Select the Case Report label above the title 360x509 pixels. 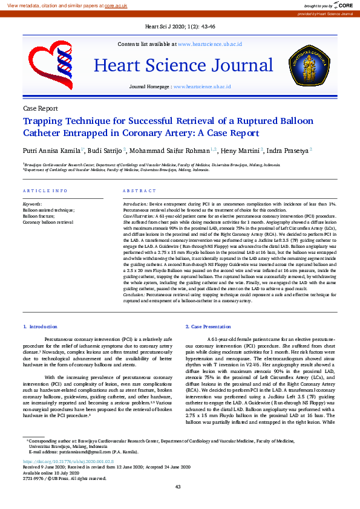coord(40,108)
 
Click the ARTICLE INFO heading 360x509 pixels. coord(45,191)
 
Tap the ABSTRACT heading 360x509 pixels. coord(139,191)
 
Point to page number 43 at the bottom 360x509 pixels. coord(178,487)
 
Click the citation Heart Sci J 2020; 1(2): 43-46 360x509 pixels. coord(180,27)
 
